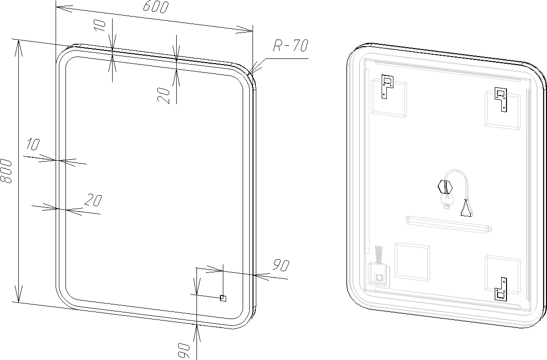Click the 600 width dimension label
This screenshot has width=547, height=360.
155,7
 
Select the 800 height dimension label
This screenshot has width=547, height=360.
6,171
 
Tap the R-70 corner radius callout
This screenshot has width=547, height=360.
290,45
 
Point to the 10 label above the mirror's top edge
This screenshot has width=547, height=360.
100,25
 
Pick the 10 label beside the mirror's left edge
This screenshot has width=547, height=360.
33,144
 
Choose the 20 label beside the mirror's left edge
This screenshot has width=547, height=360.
93,200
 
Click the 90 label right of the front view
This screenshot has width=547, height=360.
281,265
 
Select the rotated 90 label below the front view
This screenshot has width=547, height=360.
184,350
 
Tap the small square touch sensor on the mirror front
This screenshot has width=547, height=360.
223,298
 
